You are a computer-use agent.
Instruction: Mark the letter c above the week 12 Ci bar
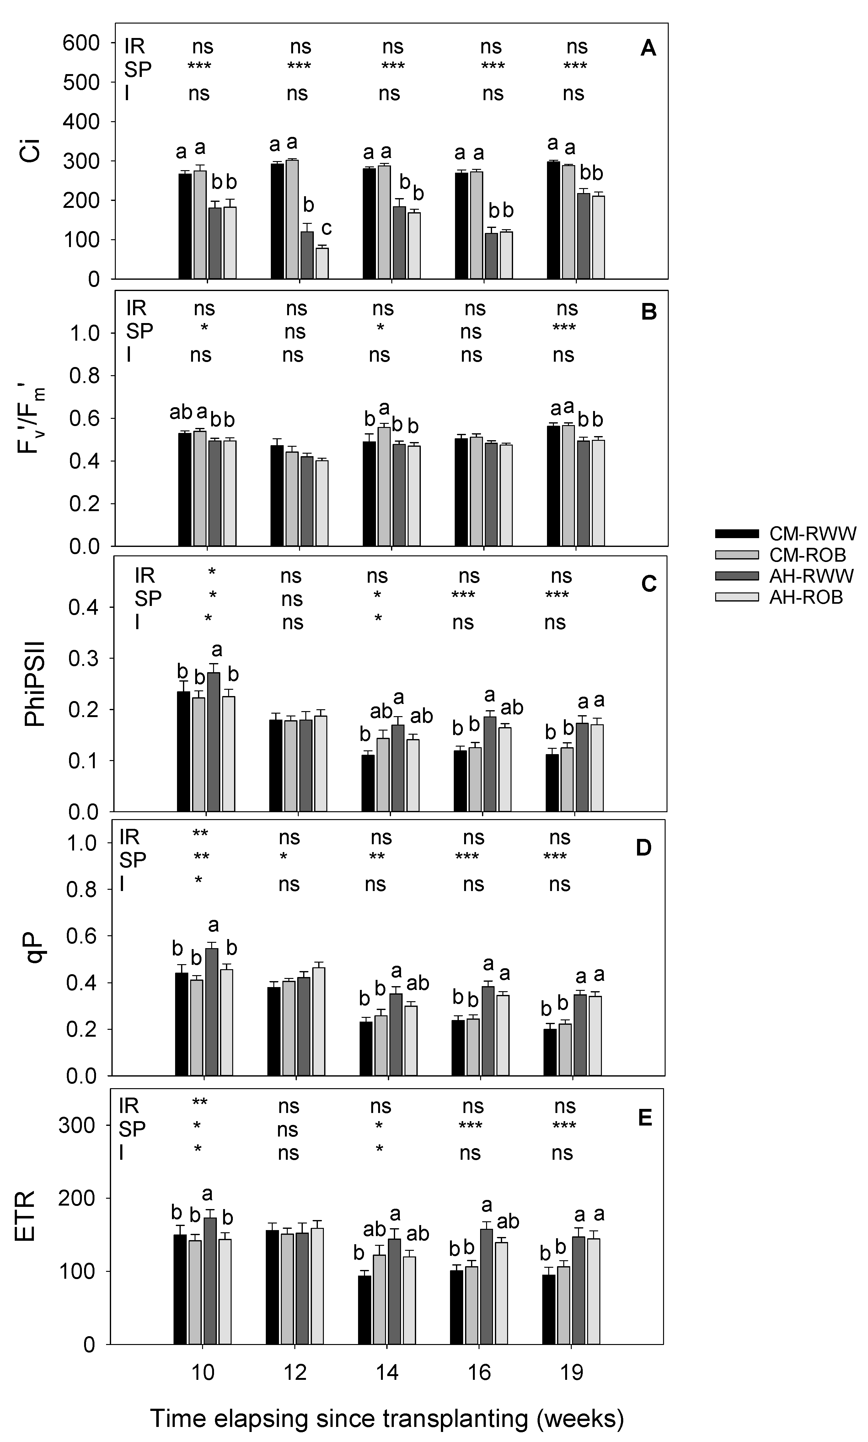[326, 228]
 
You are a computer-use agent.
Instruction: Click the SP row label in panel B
[140, 331]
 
